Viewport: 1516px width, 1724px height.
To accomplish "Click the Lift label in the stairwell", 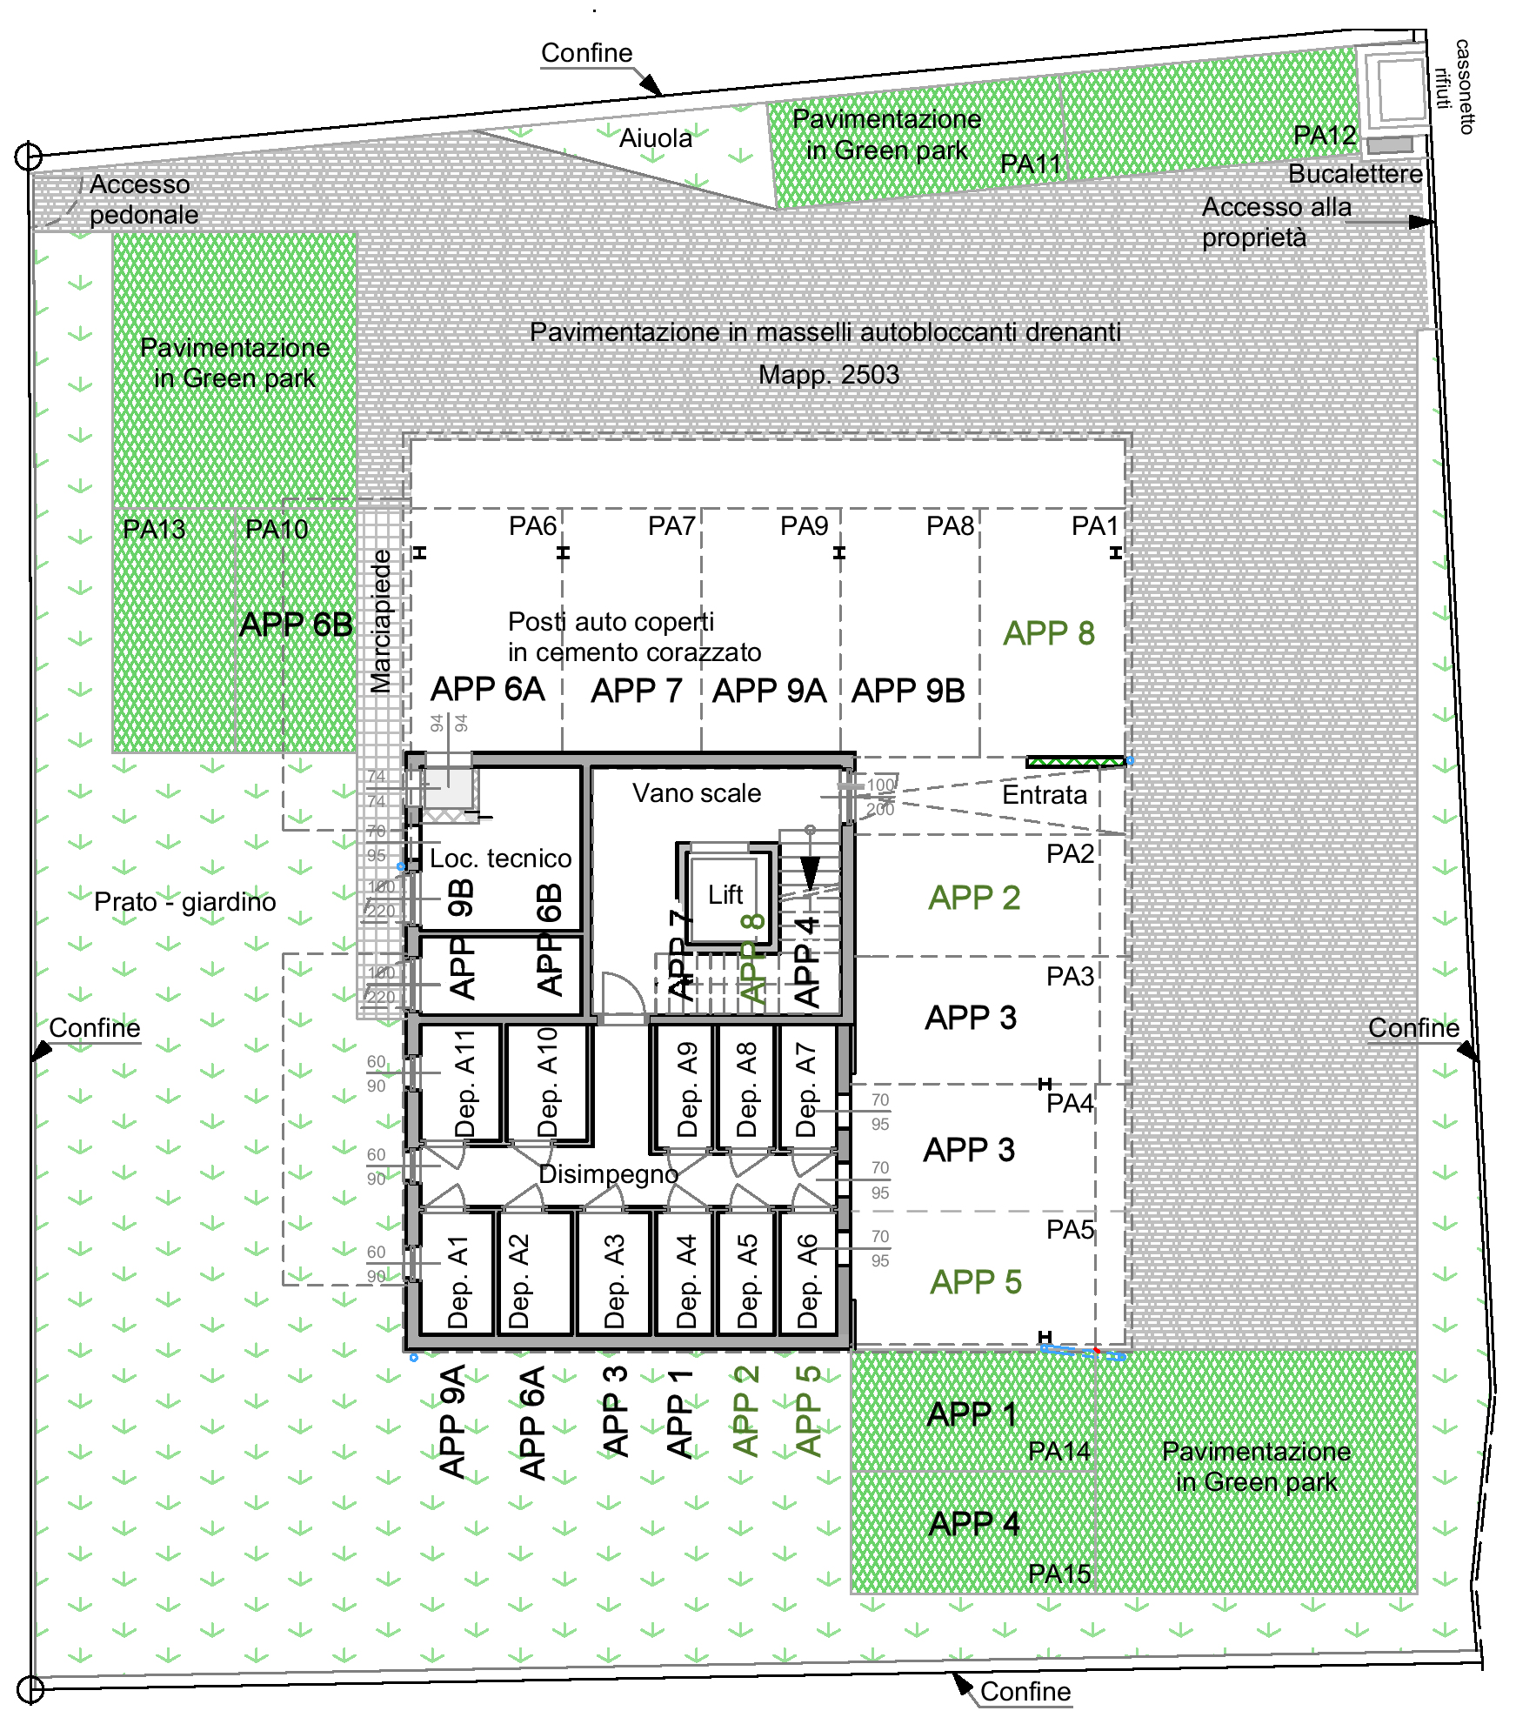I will point(725,895).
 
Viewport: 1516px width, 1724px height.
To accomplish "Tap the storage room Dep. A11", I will point(464,1084).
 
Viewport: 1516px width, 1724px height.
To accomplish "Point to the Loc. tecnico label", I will point(501,859).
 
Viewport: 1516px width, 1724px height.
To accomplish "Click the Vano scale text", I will point(697,793).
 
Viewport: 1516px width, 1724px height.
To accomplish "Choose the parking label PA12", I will point(1325,136).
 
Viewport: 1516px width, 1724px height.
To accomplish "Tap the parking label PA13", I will point(154,529).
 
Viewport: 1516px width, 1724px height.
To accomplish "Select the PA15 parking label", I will point(1059,1574).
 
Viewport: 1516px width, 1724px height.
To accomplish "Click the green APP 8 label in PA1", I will point(1049,633).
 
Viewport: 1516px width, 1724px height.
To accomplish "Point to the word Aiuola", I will point(656,138).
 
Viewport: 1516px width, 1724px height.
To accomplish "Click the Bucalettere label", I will point(1355,174).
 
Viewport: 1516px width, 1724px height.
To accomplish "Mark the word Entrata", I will point(1045,795).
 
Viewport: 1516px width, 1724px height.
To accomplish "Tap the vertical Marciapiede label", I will point(381,621).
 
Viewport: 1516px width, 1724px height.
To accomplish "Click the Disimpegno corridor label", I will point(608,1174).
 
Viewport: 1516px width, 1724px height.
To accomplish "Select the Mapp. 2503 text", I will point(829,375).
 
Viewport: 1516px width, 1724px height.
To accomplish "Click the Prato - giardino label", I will point(184,902).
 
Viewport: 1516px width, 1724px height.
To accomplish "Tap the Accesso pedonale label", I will point(144,200).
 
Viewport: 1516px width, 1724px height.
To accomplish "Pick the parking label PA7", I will point(671,526).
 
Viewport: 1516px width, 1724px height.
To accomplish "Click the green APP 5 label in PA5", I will point(976,1282).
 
